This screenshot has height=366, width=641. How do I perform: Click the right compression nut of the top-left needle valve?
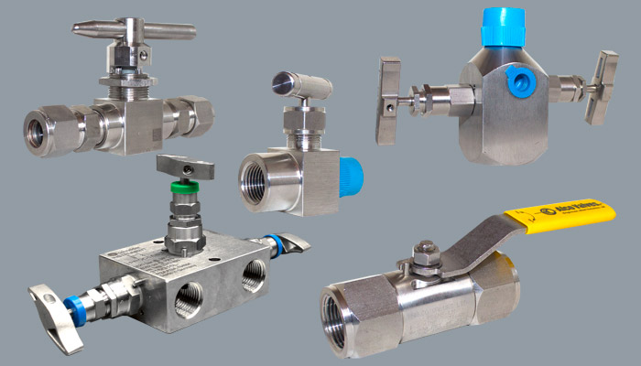click(x=196, y=114)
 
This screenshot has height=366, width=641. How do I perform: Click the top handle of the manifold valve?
click(x=185, y=167)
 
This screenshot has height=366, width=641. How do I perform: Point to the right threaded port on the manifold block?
click(x=252, y=273)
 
